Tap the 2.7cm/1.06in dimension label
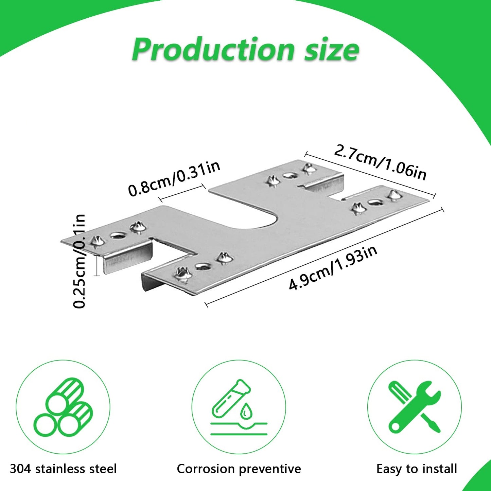tap(380, 162)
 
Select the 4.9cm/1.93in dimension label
tap(333, 268)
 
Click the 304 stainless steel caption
tap(63, 469)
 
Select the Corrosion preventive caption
tap(239, 469)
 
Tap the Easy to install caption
tap(417, 469)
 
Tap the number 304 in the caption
tap(21, 469)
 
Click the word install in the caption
tap(439, 469)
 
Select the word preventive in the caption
tap(270, 469)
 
